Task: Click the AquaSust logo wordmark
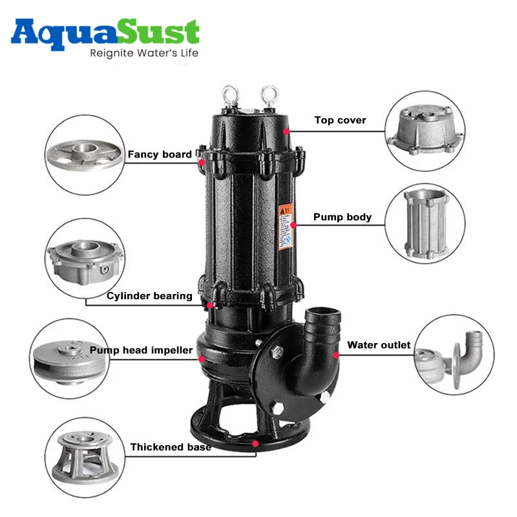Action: (x=105, y=32)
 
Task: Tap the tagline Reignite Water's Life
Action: (x=143, y=52)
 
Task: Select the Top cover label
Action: (x=340, y=120)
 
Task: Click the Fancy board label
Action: (x=160, y=154)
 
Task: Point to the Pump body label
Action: (x=343, y=217)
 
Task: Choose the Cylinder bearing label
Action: (x=149, y=296)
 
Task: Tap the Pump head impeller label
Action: (x=141, y=350)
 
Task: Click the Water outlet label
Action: (x=379, y=345)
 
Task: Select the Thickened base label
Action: (x=171, y=447)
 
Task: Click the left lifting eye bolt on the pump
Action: (x=228, y=95)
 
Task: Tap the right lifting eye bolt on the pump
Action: (x=268, y=95)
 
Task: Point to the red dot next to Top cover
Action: (x=286, y=131)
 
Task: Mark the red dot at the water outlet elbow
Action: (x=336, y=354)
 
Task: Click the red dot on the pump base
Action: (x=256, y=443)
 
